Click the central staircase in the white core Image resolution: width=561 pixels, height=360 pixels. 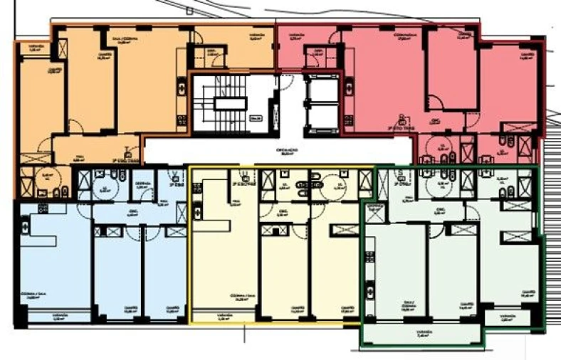pyautogui.click(x=230, y=104)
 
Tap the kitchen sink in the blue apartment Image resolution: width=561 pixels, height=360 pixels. pyautogui.click(x=26, y=228)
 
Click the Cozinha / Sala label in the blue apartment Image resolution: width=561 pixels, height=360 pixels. pyautogui.click(x=33, y=297)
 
